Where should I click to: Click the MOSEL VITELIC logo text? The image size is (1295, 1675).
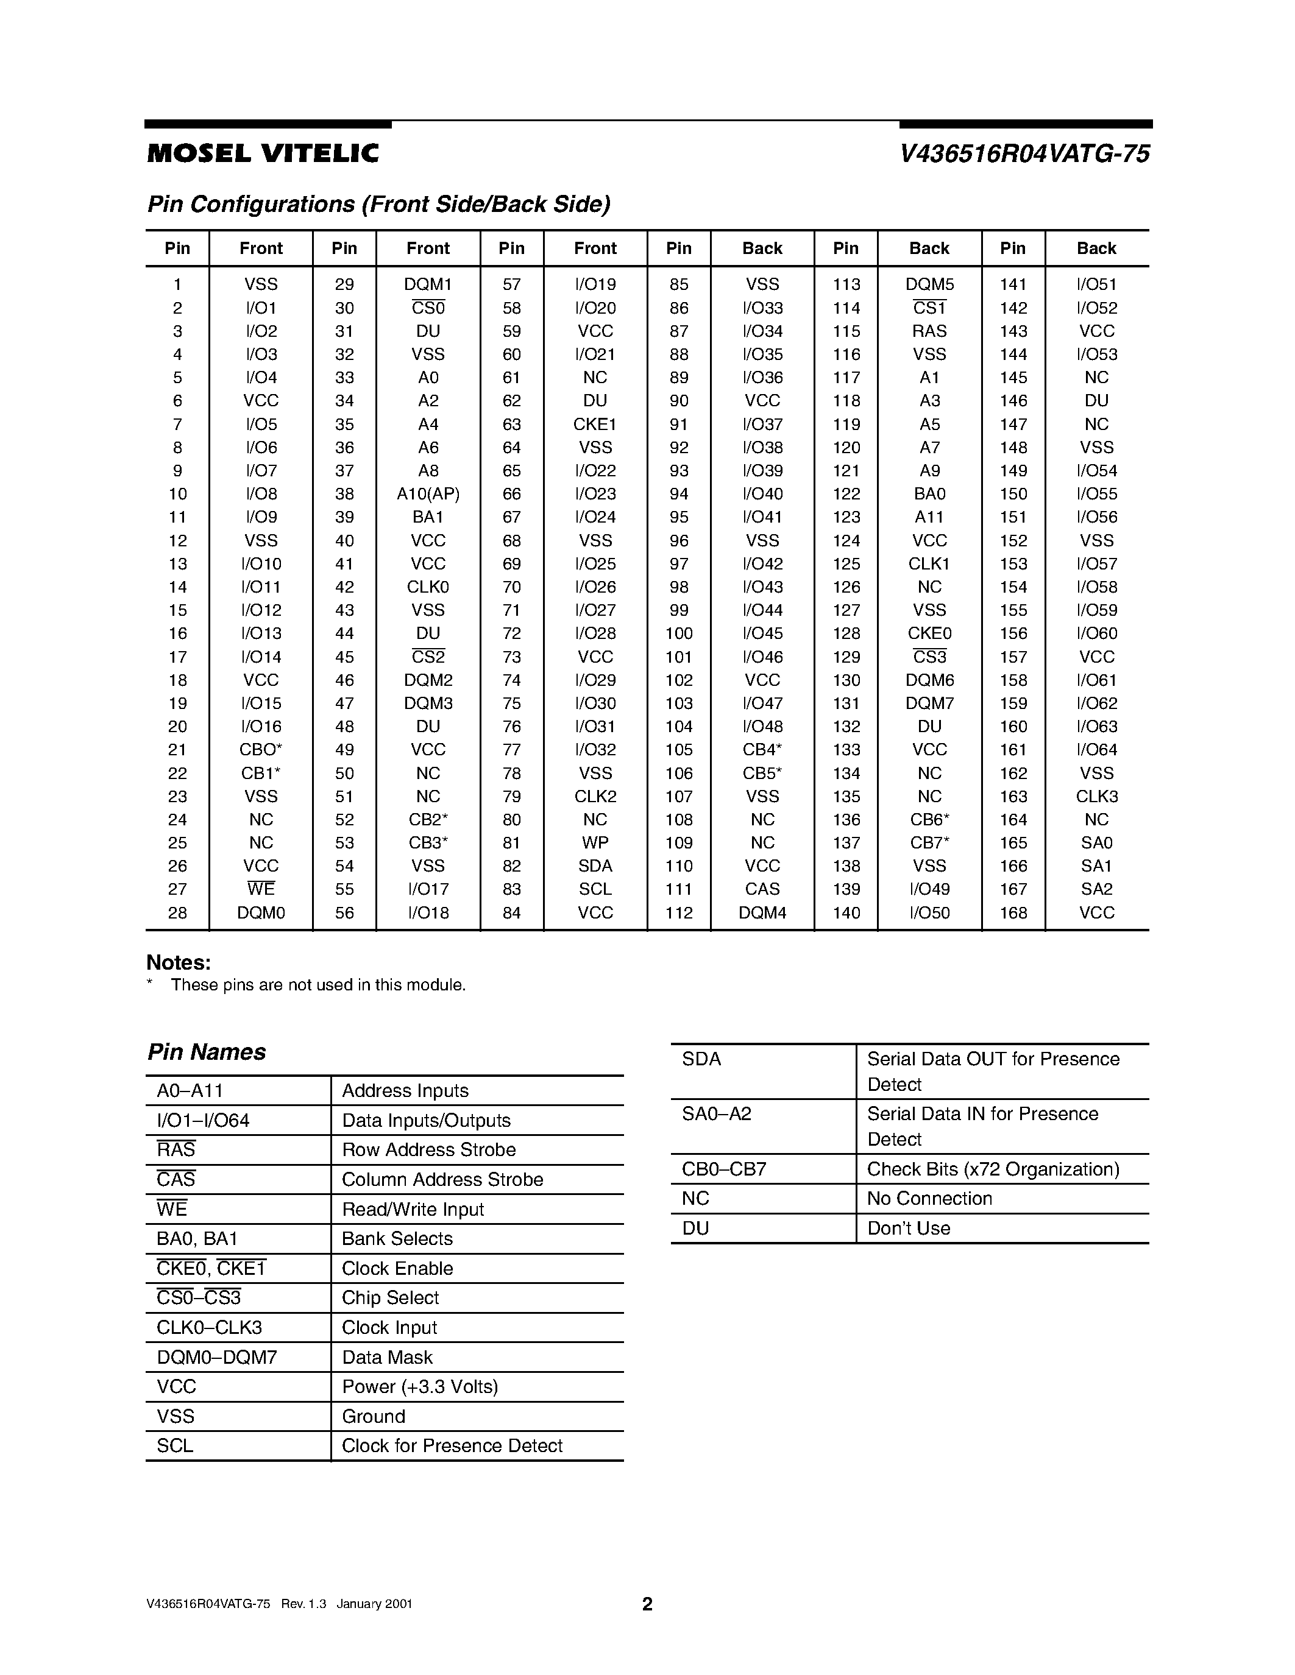[263, 154]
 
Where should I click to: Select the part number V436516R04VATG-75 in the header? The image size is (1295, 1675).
[1024, 154]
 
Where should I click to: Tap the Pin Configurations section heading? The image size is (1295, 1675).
[379, 204]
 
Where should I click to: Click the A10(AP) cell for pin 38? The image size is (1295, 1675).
[428, 494]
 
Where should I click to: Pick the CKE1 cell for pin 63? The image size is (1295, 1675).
[595, 424]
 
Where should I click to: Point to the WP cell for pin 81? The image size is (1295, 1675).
[595, 843]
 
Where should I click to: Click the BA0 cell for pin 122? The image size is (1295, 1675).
[929, 494]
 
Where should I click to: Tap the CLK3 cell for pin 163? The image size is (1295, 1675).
[1096, 796]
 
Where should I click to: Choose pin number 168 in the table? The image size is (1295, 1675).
[1013, 912]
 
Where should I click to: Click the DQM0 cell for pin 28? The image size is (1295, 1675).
[261, 912]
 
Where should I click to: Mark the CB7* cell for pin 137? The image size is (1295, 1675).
[929, 843]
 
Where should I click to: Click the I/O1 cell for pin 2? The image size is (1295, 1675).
[261, 308]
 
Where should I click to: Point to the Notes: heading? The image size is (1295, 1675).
[178, 962]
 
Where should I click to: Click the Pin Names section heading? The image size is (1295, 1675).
[207, 1051]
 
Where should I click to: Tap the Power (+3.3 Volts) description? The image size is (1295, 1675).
[420, 1387]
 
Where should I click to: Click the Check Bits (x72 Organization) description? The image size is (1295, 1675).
[993, 1169]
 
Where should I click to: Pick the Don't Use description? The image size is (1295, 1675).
[909, 1228]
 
